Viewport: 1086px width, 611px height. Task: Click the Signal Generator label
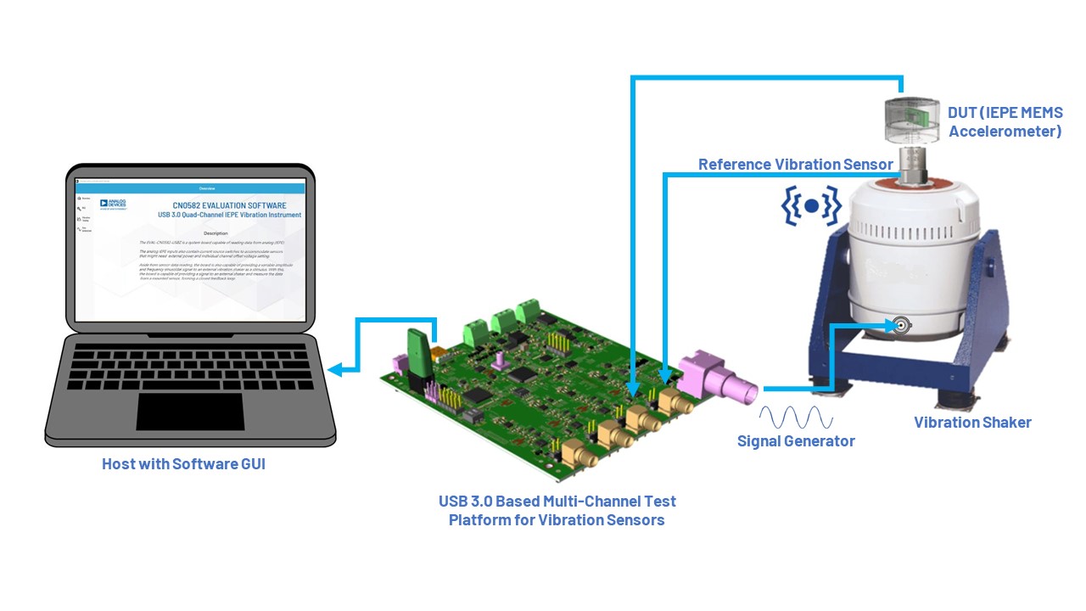795,441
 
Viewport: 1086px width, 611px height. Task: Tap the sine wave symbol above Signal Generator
795,418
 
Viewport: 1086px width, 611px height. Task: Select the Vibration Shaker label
972,423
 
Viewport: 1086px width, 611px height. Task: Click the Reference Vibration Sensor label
795,165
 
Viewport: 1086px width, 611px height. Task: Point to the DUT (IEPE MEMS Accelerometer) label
1005,122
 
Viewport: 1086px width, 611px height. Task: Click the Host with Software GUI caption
183,464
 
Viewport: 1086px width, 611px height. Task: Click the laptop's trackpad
178,412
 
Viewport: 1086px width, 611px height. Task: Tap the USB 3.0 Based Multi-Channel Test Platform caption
557,510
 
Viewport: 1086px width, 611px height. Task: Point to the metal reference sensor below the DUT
913,163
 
